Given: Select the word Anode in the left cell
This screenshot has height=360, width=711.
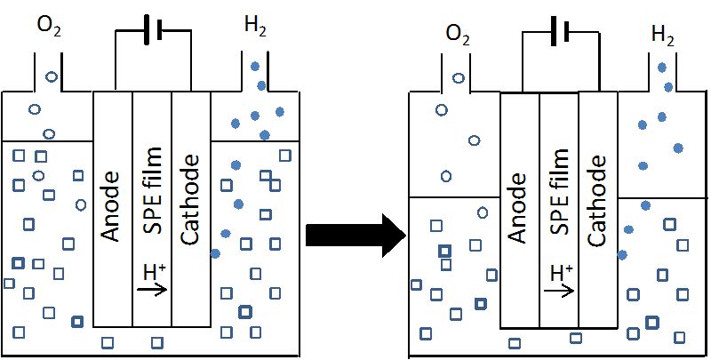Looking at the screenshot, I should tap(112, 209).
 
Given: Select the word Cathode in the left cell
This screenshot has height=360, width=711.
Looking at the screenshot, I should tap(190, 205).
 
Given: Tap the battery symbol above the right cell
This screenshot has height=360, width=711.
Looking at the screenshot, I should tap(558, 33).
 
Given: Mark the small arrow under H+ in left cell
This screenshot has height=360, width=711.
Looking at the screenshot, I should tap(154, 288).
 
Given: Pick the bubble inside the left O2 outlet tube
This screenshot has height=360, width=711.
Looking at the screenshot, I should tap(51, 77).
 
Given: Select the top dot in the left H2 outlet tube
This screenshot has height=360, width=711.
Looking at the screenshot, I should tap(256, 66).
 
